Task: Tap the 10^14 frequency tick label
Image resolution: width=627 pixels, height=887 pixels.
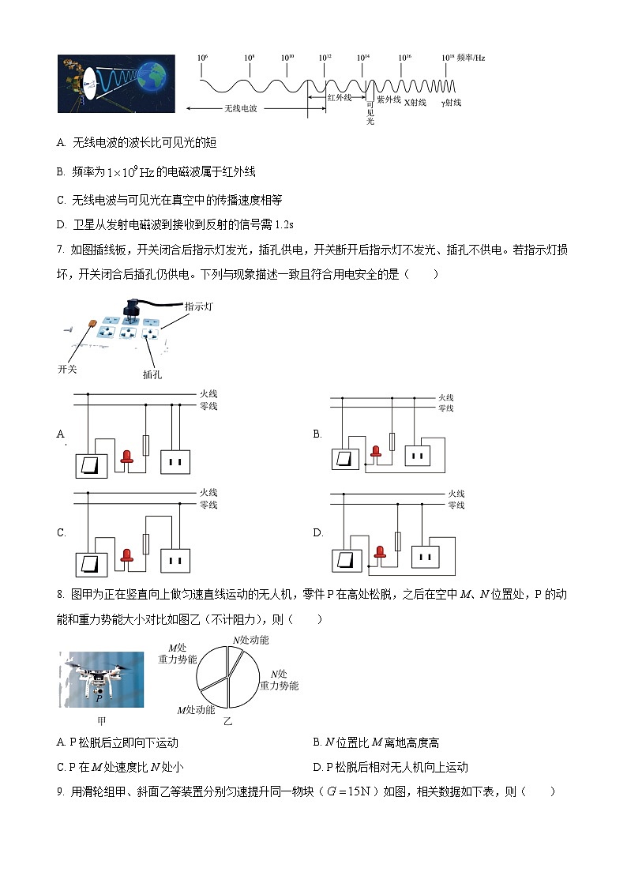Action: pos(363,58)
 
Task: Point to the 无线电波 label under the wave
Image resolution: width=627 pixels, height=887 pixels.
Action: pos(241,108)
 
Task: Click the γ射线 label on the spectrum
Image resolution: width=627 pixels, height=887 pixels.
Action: pos(452,103)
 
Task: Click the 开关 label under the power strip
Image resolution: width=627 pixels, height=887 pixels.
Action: pos(68,369)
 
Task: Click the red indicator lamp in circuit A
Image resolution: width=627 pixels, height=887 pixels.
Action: pos(126,457)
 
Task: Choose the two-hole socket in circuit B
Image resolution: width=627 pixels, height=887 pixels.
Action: pos(419,454)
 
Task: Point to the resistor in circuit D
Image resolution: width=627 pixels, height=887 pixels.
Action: pos(397,541)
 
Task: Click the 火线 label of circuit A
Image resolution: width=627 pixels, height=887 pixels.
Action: pos(208,393)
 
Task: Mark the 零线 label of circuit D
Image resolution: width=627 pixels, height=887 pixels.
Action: pos(456,505)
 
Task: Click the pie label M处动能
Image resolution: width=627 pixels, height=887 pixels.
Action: pos(195,710)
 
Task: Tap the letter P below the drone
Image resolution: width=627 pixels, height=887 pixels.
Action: pos(99,698)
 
